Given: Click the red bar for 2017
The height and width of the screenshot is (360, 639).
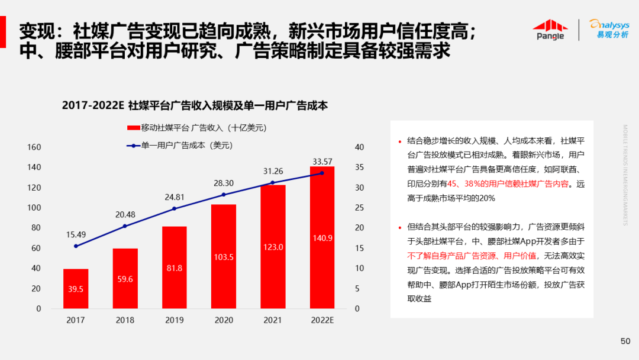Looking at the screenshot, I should [x=76, y=288].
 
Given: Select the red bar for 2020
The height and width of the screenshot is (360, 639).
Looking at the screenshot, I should [x=224, y=256].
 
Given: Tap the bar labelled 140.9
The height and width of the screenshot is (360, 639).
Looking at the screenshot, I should [x=322, y=237].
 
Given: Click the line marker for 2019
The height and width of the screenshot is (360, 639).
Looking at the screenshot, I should [x=175, y=208].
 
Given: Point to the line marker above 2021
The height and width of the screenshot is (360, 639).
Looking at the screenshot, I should [x=273, y=182].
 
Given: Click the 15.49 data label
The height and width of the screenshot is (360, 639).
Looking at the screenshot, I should [x=76, y=234].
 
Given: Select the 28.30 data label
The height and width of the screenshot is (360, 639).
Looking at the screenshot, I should [x=224, y=183].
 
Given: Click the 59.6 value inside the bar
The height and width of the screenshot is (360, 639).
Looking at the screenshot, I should [x=125, y=279].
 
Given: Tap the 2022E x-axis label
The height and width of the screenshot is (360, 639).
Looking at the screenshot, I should [x=322, y=320].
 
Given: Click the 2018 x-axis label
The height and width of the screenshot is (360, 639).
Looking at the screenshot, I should [x=125, y=320].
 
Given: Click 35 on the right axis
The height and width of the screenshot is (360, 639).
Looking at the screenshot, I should [x=359, y=168].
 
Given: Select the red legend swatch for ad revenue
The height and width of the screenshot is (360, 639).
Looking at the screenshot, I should [x=133, y=127].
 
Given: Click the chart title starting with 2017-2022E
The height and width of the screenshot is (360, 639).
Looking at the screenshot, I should [x=195, y=106].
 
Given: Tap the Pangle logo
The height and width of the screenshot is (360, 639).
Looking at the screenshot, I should [x=550, y=30].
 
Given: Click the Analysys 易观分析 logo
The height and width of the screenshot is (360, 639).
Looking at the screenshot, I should [x=609, y=29].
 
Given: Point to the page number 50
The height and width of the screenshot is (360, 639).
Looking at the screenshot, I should [x=625, y=341].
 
